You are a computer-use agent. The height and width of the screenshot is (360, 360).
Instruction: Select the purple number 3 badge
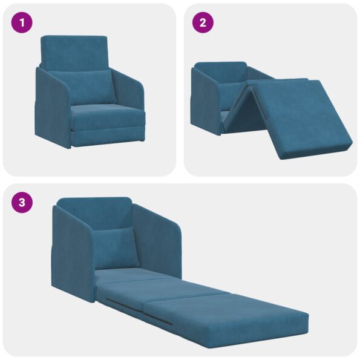[22, 202]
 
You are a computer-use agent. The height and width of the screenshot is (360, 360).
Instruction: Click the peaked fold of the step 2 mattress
[248, 97]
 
